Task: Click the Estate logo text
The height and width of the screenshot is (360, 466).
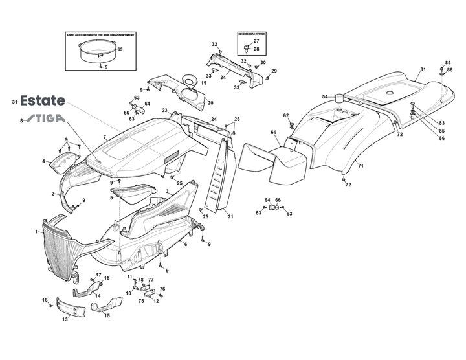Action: pyautogui.click(x=43, y=101)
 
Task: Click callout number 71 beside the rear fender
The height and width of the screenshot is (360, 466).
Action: pyautogui.click(x=361, y=166)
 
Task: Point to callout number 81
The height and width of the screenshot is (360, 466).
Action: pyautogui.click(x=423, y=69)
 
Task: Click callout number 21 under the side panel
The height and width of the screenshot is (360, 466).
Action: pyautogui.click(x=230, y=216)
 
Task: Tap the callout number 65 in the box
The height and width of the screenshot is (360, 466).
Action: pyautogui.click(x=120, y=49)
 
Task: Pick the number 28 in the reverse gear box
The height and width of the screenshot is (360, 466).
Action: pyautogui.click(x=256, y=49)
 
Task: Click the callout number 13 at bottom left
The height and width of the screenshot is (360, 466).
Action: pyautogui.click(x=65, y=320)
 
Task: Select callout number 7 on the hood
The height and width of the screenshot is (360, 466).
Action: pyautogui.click(x=104, y=137)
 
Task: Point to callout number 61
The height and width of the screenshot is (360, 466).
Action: pyautogui.click(x=273, y=133)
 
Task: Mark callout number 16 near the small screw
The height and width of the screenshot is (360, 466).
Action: pyautogui.click(x=45, y=300)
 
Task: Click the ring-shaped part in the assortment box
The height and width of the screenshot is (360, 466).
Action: pyautogui.click(x=97, y=49)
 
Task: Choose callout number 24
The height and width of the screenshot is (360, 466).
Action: pyautogui.click(x=214, y=119)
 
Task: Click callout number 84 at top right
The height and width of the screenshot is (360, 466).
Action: pyautogui.click(x=447, y=63)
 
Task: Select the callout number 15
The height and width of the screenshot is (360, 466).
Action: pyautogui.click(x=107, y=315)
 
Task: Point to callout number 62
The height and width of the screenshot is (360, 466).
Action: pyautogui.click(x=285, y=115)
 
